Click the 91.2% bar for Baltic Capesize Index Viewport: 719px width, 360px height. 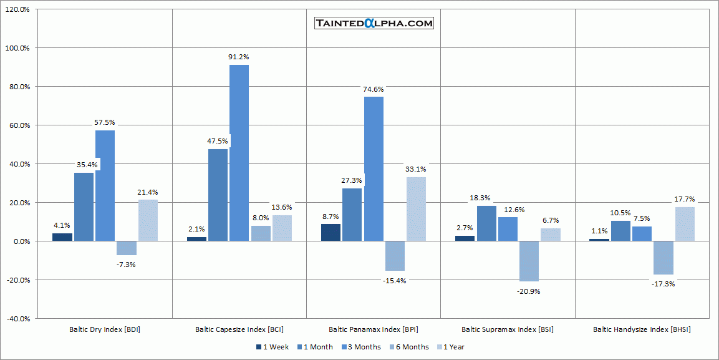(239, 153)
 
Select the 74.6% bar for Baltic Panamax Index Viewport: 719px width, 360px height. (374, 168)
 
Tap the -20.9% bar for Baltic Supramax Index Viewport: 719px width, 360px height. (529, 261)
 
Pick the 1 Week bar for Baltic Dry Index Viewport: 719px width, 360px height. (62, 237)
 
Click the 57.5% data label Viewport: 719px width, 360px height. (105, 122)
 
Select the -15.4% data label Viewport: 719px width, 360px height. (395, 281)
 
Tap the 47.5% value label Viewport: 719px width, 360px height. (218, 141)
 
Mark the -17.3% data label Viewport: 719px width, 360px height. (664, 284)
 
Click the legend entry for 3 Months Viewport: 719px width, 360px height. (363, 347)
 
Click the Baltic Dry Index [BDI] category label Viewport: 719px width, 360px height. (105, 329)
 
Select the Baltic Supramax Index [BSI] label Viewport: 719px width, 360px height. (508, 329)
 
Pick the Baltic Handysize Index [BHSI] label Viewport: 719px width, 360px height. (642, 329)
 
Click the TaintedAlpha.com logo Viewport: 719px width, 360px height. (374, 24)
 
